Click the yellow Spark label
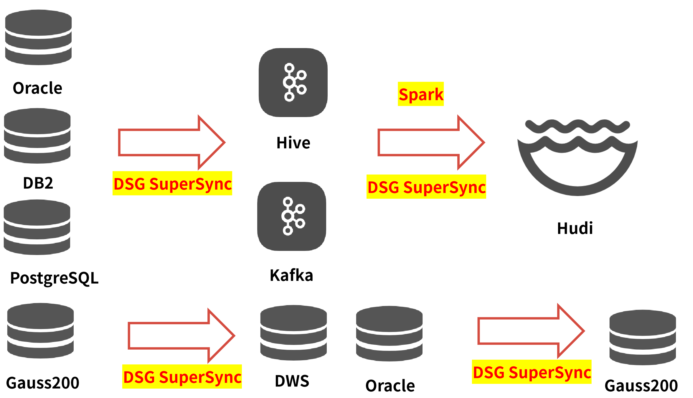[421, 94]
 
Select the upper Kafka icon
[293, 83]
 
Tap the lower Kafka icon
[292, 216]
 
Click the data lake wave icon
[577, 156]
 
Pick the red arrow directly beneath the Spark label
[430, 142]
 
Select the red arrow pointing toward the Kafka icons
[171, 142]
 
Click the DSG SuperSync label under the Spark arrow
[426, 187]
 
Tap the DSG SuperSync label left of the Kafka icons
[172, 183]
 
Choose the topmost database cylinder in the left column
[38, 37]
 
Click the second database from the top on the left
[37, 136]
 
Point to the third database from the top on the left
[37, 227]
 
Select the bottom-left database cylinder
[40, 330]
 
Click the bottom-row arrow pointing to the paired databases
[180, 336]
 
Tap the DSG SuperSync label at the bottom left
[182, 376]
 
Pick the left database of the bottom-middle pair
[293, 333]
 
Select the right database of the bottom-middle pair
[389, 333]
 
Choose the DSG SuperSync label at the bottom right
[532, 372]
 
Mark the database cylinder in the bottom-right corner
[643, 337]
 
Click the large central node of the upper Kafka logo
[289, 82]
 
